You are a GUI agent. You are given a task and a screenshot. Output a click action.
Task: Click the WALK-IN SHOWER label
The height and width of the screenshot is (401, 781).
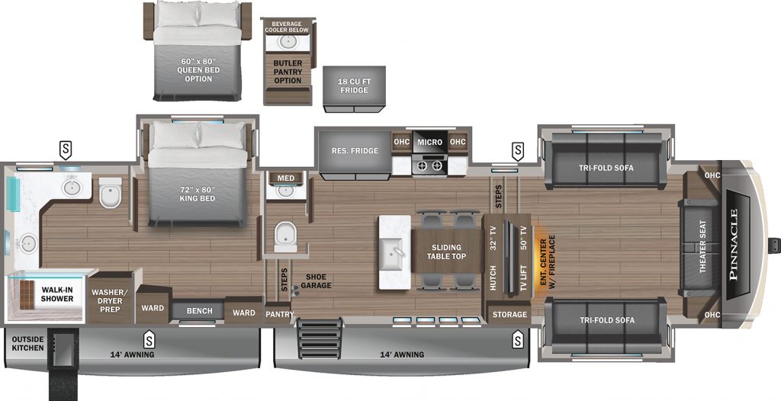(x=57, y=294)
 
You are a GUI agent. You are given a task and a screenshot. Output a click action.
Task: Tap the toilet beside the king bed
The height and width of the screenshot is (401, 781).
(x=110, y=192)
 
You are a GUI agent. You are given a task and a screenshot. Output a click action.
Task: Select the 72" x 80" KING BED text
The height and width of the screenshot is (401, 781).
(x=198, y=194)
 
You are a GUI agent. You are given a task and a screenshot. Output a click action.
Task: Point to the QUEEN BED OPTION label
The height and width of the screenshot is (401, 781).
(x=198, y=75)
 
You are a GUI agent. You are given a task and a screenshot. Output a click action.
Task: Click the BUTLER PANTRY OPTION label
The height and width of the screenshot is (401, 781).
(x=288, y=72)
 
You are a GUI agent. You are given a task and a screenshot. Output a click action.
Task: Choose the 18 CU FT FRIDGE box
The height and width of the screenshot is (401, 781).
(x=354, y=88)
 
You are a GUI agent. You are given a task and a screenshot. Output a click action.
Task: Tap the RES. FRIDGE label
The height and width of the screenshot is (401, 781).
(x=355, y=150)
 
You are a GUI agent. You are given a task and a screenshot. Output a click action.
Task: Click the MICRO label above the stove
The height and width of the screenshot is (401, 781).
(x=430, y=142)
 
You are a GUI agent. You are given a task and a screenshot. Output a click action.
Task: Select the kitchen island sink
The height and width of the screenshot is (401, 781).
(x=395, y=252)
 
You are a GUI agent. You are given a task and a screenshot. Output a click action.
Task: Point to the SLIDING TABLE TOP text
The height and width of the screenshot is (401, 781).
(x=446, y=252)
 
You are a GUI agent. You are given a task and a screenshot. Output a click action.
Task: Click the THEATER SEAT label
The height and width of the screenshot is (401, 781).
(x=702, y=246)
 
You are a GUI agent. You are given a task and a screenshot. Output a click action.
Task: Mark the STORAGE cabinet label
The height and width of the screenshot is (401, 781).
(x=509, y=314)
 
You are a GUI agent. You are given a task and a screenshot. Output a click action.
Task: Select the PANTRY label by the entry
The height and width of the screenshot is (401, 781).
(x=279, y=314)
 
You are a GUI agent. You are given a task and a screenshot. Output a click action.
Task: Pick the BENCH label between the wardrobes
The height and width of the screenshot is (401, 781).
(x=199, y=311)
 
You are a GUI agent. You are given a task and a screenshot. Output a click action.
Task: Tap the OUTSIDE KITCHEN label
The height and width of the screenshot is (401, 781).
(x=27, y=343)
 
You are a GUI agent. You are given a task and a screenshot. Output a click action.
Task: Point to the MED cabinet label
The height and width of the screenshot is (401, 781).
(x=285, y=178)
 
